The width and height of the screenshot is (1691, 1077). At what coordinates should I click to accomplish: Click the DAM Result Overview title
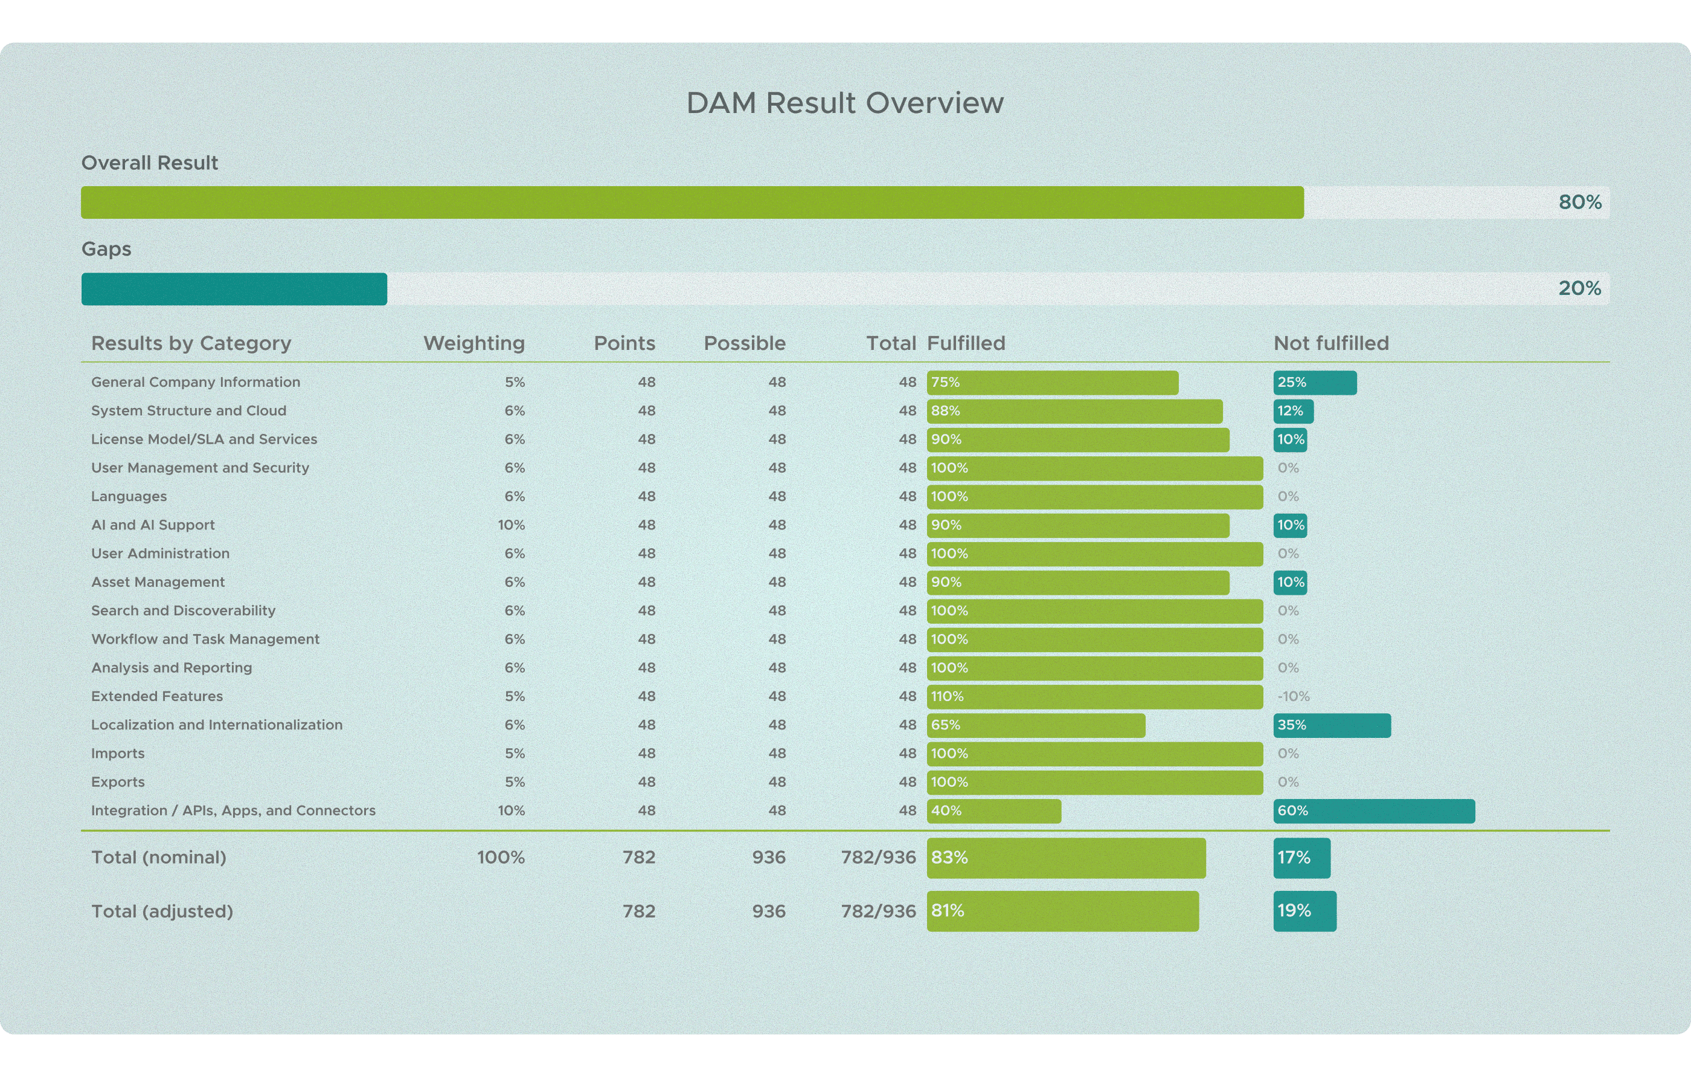[x=845, y=103]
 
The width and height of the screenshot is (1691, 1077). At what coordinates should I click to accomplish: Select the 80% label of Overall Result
[x=1579, y=202]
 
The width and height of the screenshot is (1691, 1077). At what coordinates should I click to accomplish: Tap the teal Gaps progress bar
[x=234, y=289]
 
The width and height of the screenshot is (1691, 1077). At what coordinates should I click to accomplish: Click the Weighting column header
[x=474, y=343]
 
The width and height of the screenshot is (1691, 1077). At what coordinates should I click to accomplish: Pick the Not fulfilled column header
[x=1330, y=343]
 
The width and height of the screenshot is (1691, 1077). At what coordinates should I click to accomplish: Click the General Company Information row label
[x=195, y=382]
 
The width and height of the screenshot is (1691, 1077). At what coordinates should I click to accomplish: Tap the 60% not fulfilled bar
[x=1373, y=810]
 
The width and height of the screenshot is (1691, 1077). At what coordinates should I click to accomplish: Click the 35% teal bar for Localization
[x=1332, y=725]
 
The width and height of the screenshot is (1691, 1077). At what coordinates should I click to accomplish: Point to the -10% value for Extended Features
[x=1293, y=696]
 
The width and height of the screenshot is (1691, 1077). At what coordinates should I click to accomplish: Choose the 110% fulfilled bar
[x=1094, y=697]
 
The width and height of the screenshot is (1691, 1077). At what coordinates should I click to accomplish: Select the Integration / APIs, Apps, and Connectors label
[x=233, y=810]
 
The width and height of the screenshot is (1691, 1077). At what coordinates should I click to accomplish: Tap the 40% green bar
[x=993, y=810]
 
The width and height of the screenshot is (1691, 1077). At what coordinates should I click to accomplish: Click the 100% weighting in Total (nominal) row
[x=501, y=857]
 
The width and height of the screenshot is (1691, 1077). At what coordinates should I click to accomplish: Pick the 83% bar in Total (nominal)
[x=1065, y=858]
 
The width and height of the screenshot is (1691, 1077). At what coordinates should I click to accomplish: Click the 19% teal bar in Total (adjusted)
[x=1304, y=911]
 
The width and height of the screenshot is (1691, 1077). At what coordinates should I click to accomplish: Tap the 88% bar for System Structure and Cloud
[x=1074, y=411]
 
